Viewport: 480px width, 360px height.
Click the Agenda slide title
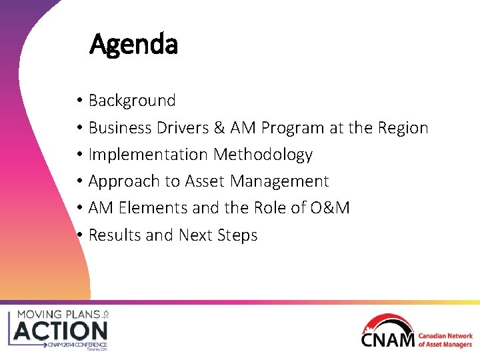133,45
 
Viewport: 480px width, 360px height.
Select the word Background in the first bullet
132,101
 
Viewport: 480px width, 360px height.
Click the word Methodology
263,155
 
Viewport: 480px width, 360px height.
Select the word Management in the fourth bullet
281,181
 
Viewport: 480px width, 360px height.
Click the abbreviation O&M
329,208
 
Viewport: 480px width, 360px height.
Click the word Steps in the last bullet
236,235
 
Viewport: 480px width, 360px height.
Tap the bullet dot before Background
79,101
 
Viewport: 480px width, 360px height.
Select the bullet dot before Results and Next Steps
79,235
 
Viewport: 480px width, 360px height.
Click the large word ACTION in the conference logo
61,330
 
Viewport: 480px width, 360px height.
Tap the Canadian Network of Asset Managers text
445,340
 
